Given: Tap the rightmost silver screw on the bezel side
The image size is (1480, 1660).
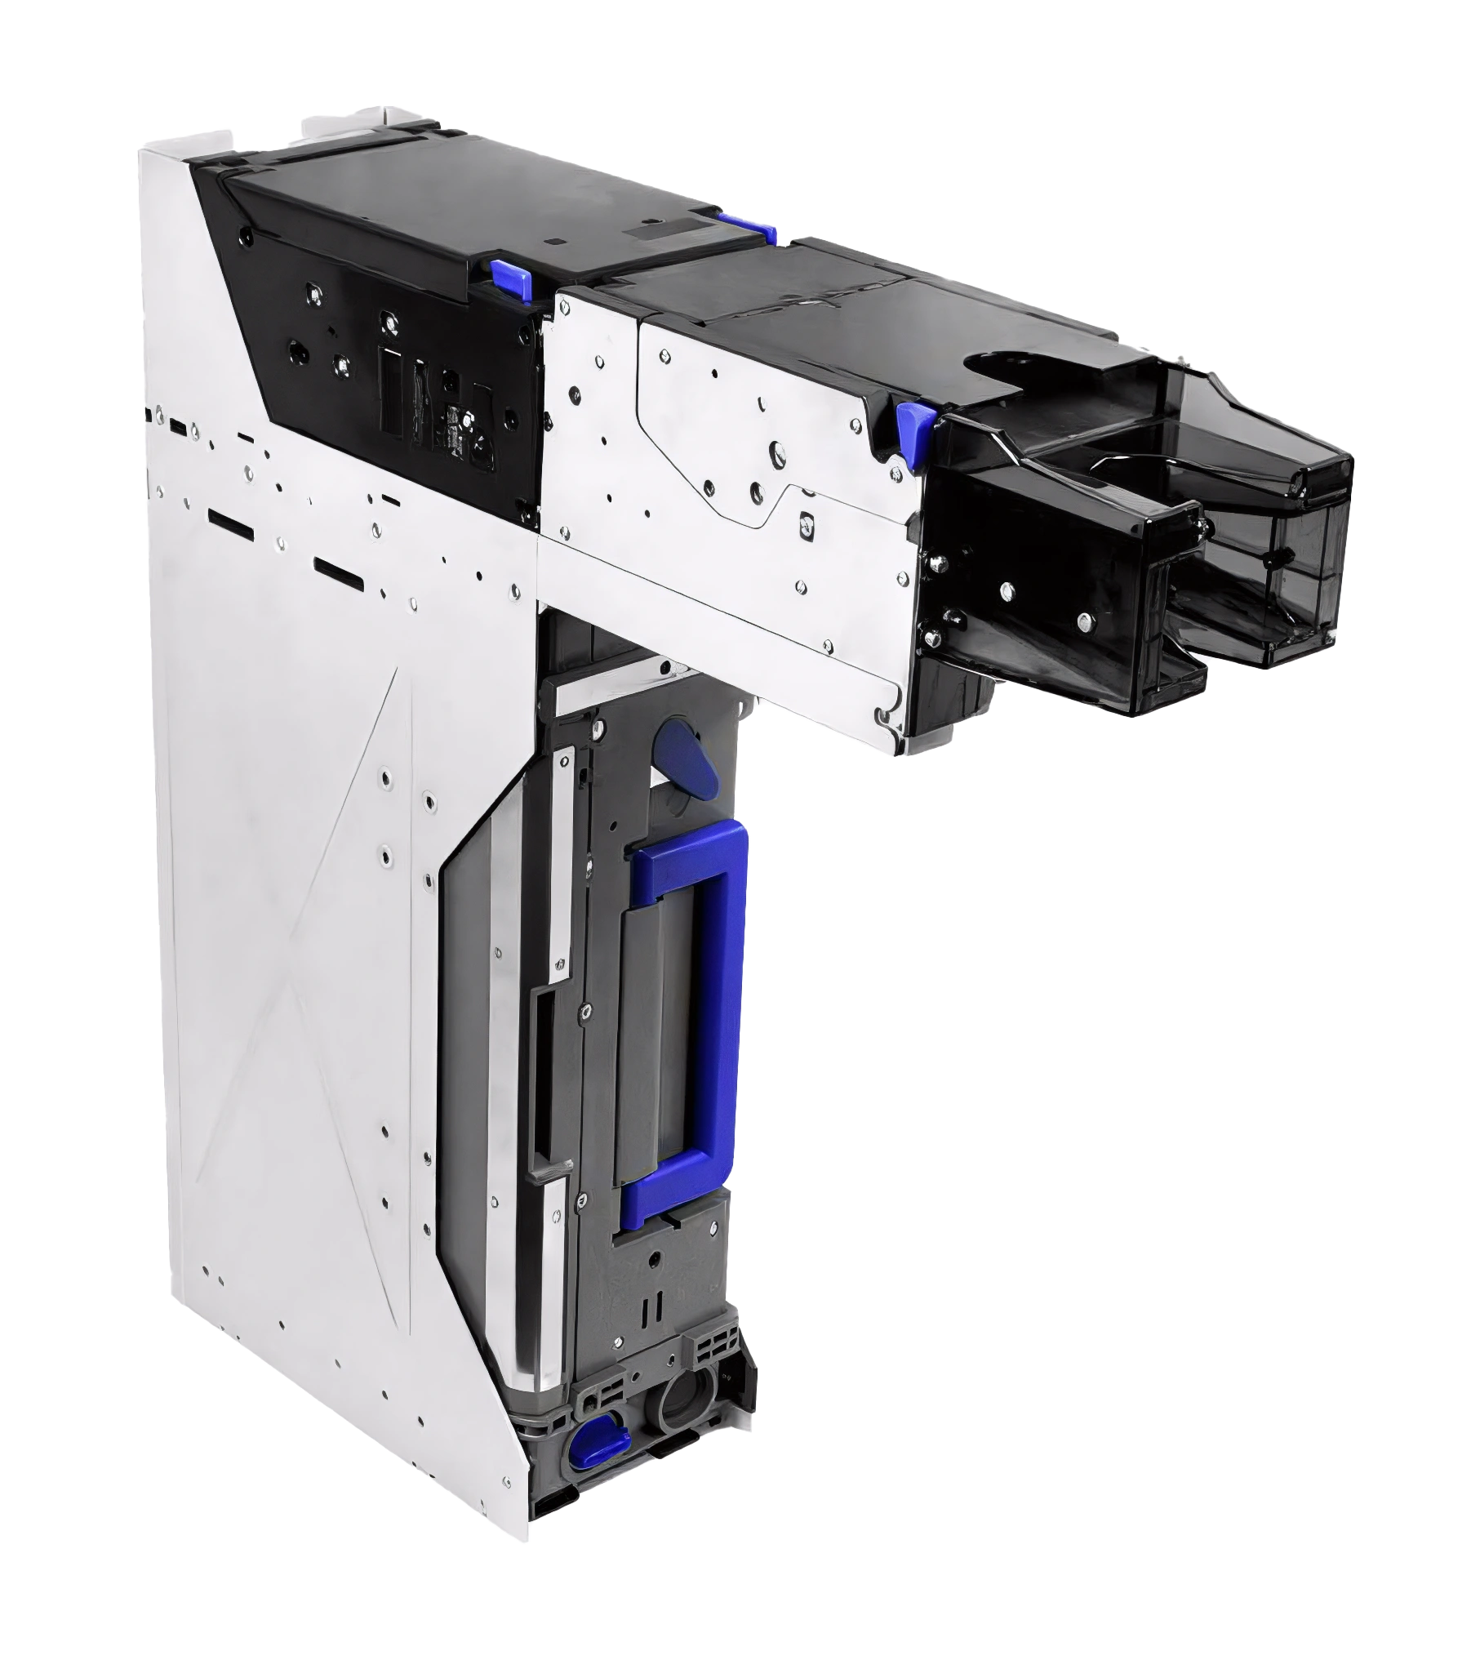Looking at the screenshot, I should coord(1084,621).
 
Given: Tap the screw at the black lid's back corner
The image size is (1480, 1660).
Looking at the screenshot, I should coord(244,234).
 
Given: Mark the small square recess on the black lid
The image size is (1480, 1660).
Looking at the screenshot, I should coord(555,242).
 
